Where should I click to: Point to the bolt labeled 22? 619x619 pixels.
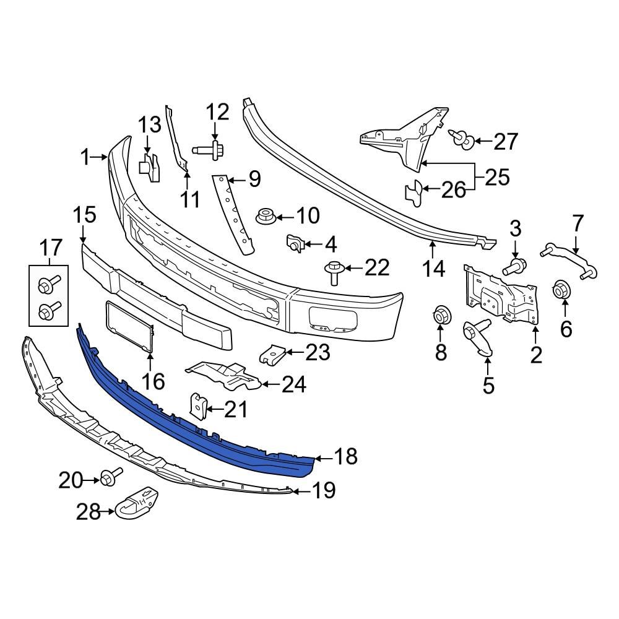pos(332,271)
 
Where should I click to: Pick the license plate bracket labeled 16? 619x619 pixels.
pos(131,327)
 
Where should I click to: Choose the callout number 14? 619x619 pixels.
pos(433,269)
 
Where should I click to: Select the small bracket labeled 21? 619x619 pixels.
pos(197,405)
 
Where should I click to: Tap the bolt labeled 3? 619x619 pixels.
pos(513,267)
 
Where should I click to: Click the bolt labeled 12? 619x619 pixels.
pos(208,149)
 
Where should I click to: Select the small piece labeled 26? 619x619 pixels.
pos(415,191)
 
